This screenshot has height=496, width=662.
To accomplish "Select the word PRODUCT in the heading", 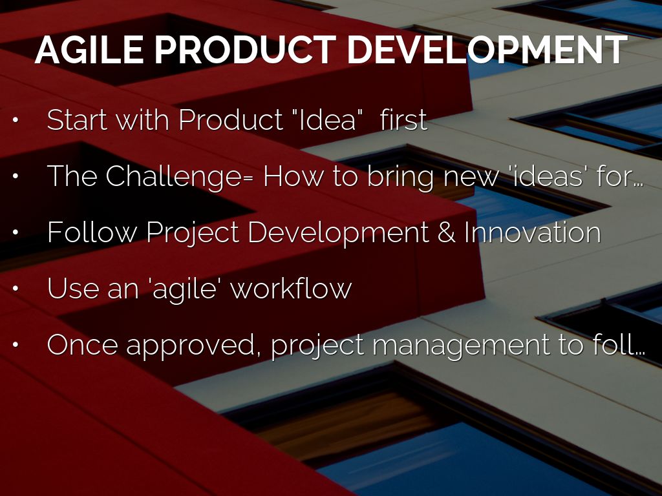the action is (245, 49).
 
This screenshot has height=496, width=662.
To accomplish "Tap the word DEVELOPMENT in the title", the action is (487, 49).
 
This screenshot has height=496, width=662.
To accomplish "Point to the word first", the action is (403, 119).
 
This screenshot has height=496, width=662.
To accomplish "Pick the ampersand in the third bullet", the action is (447, 232).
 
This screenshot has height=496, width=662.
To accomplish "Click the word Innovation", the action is (533, 232).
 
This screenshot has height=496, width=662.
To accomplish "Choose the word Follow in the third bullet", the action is (92, 232).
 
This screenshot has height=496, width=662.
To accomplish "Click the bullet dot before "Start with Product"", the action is (16, 119).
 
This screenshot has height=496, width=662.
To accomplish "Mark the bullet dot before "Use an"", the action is (16, 289).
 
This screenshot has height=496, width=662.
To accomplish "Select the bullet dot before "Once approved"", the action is (16, 345).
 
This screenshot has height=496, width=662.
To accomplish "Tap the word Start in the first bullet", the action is (77, 119).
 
